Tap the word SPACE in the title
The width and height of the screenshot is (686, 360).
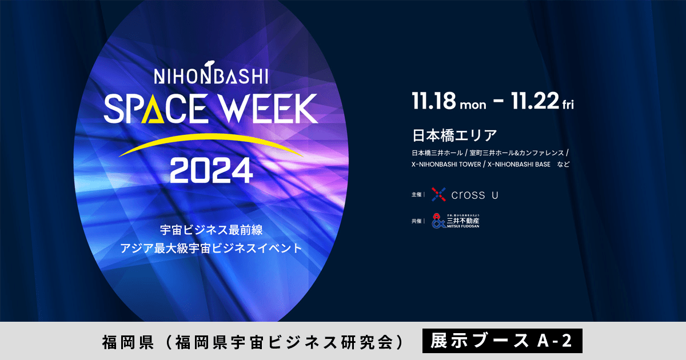click(x=154, y=108)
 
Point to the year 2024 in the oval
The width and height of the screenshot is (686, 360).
click(x=211, y=169)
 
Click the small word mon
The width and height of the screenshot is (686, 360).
click(x=473, y=105)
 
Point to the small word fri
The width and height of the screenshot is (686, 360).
click(x=568, y=105)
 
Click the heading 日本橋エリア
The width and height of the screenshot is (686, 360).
click(x=454, y=136)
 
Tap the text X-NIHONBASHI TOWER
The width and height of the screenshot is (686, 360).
click(x=446, y=165)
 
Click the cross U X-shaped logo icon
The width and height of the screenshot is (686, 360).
click(x=438, y=195)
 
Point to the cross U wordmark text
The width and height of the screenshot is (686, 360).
click(x=474, y=195)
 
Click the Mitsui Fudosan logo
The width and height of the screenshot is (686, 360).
click(x=456, y=221)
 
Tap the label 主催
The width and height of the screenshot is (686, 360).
click(x=416, y=195)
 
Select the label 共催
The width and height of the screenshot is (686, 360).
click(x=416, y=221)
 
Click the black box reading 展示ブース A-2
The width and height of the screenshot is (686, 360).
click(x=502, y=341)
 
